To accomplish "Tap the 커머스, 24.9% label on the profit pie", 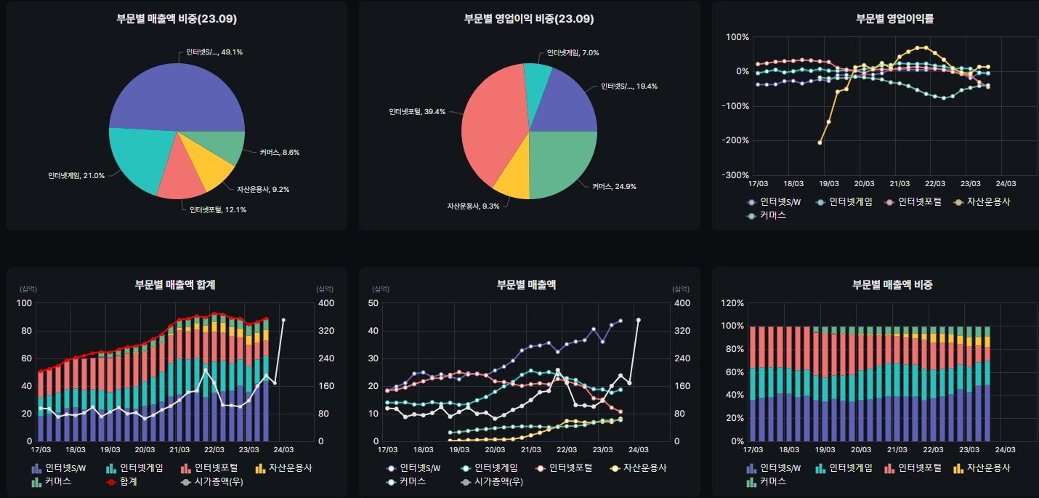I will click(614, 187).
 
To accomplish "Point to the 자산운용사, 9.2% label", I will click(263, 189).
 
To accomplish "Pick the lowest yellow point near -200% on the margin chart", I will click(820, 142).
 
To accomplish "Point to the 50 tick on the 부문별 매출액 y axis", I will click(373, 303).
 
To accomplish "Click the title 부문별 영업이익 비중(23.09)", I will click(529, 19).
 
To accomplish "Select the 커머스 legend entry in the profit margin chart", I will click(772, 215).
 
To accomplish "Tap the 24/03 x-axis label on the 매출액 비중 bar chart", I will click(1005, 450).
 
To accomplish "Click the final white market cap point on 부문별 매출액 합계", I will click(283, 320).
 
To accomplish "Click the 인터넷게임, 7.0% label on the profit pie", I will click(573, 53).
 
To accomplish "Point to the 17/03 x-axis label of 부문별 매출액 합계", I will click(41, 450).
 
